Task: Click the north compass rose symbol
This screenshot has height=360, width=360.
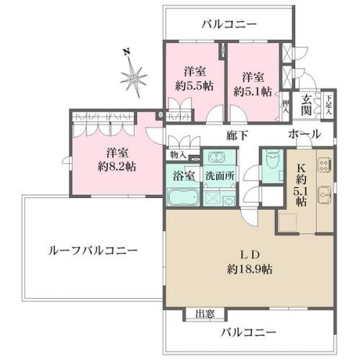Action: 133,77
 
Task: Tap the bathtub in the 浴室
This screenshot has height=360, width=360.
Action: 184,197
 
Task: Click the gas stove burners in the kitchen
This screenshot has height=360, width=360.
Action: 325,165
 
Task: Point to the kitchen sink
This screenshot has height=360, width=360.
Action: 325,194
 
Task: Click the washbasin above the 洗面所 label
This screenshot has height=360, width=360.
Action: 217,157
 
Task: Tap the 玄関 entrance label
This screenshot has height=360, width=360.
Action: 307,104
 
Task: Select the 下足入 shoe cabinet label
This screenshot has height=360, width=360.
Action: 328,105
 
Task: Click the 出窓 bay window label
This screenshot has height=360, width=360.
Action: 205,313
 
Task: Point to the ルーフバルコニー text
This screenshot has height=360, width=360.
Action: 93,251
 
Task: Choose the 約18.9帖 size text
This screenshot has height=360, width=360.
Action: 250,269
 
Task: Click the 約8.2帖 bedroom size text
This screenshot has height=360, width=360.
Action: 117,166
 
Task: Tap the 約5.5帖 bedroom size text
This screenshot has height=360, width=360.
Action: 194,86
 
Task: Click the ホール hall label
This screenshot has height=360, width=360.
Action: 305,134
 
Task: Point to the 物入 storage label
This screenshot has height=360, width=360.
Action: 178,155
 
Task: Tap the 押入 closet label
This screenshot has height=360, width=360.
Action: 285,107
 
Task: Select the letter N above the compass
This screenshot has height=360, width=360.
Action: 127,52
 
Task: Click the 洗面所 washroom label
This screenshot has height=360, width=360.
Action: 220,176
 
